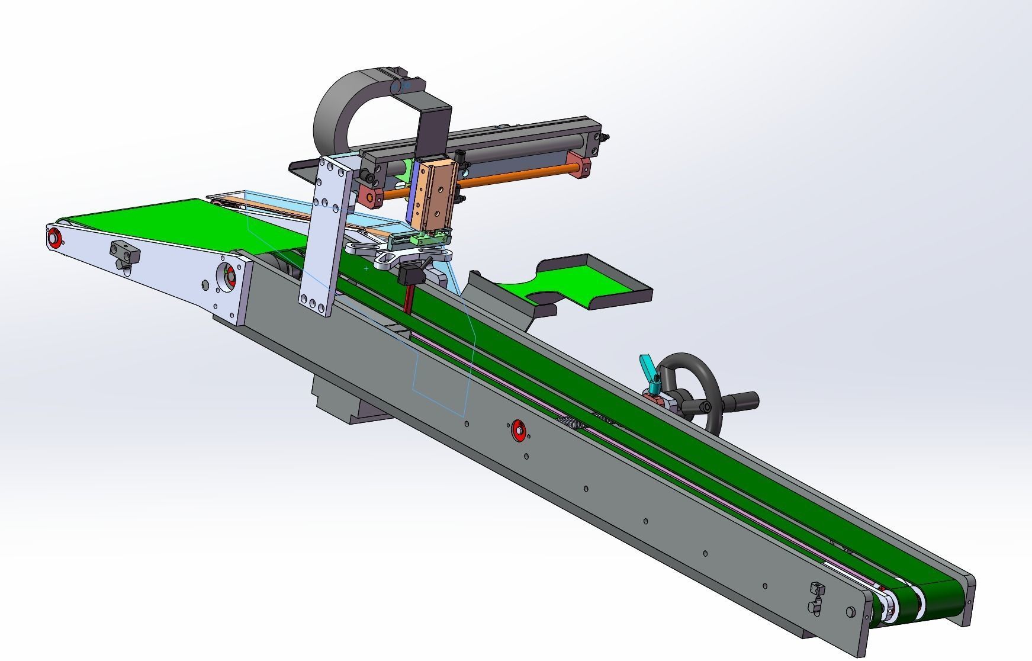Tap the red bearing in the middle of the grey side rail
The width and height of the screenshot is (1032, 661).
pyautogui.click(x=519, y=430)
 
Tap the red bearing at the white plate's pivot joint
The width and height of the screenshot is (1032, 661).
pyautogui.click(x=229, y=275)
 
